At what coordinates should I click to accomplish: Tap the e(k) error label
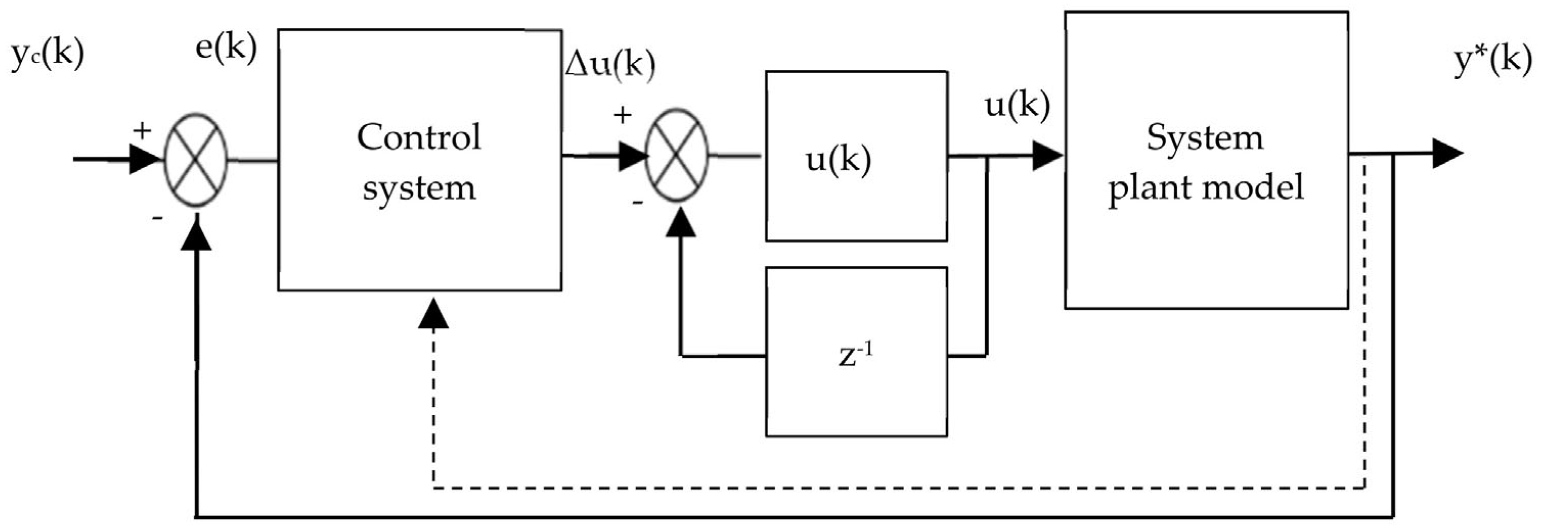pos(226,47)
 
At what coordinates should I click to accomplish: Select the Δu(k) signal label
pos(610,65)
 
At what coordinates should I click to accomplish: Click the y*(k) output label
pos(1492,61)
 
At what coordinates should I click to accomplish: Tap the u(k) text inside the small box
pos(838,159)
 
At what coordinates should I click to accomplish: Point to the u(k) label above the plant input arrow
pos(1017,105)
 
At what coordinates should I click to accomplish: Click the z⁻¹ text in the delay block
pos(855,355)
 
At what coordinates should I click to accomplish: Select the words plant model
pos(1205,188)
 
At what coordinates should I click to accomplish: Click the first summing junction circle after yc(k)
pos(196,159)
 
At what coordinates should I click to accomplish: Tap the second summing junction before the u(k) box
pos(676,156)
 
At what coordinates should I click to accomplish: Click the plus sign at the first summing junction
pos(142,130)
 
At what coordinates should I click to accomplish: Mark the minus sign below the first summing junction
pos(157,218)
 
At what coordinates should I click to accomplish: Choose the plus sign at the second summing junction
pos(622,114)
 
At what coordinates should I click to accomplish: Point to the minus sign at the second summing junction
pos(638,203)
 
